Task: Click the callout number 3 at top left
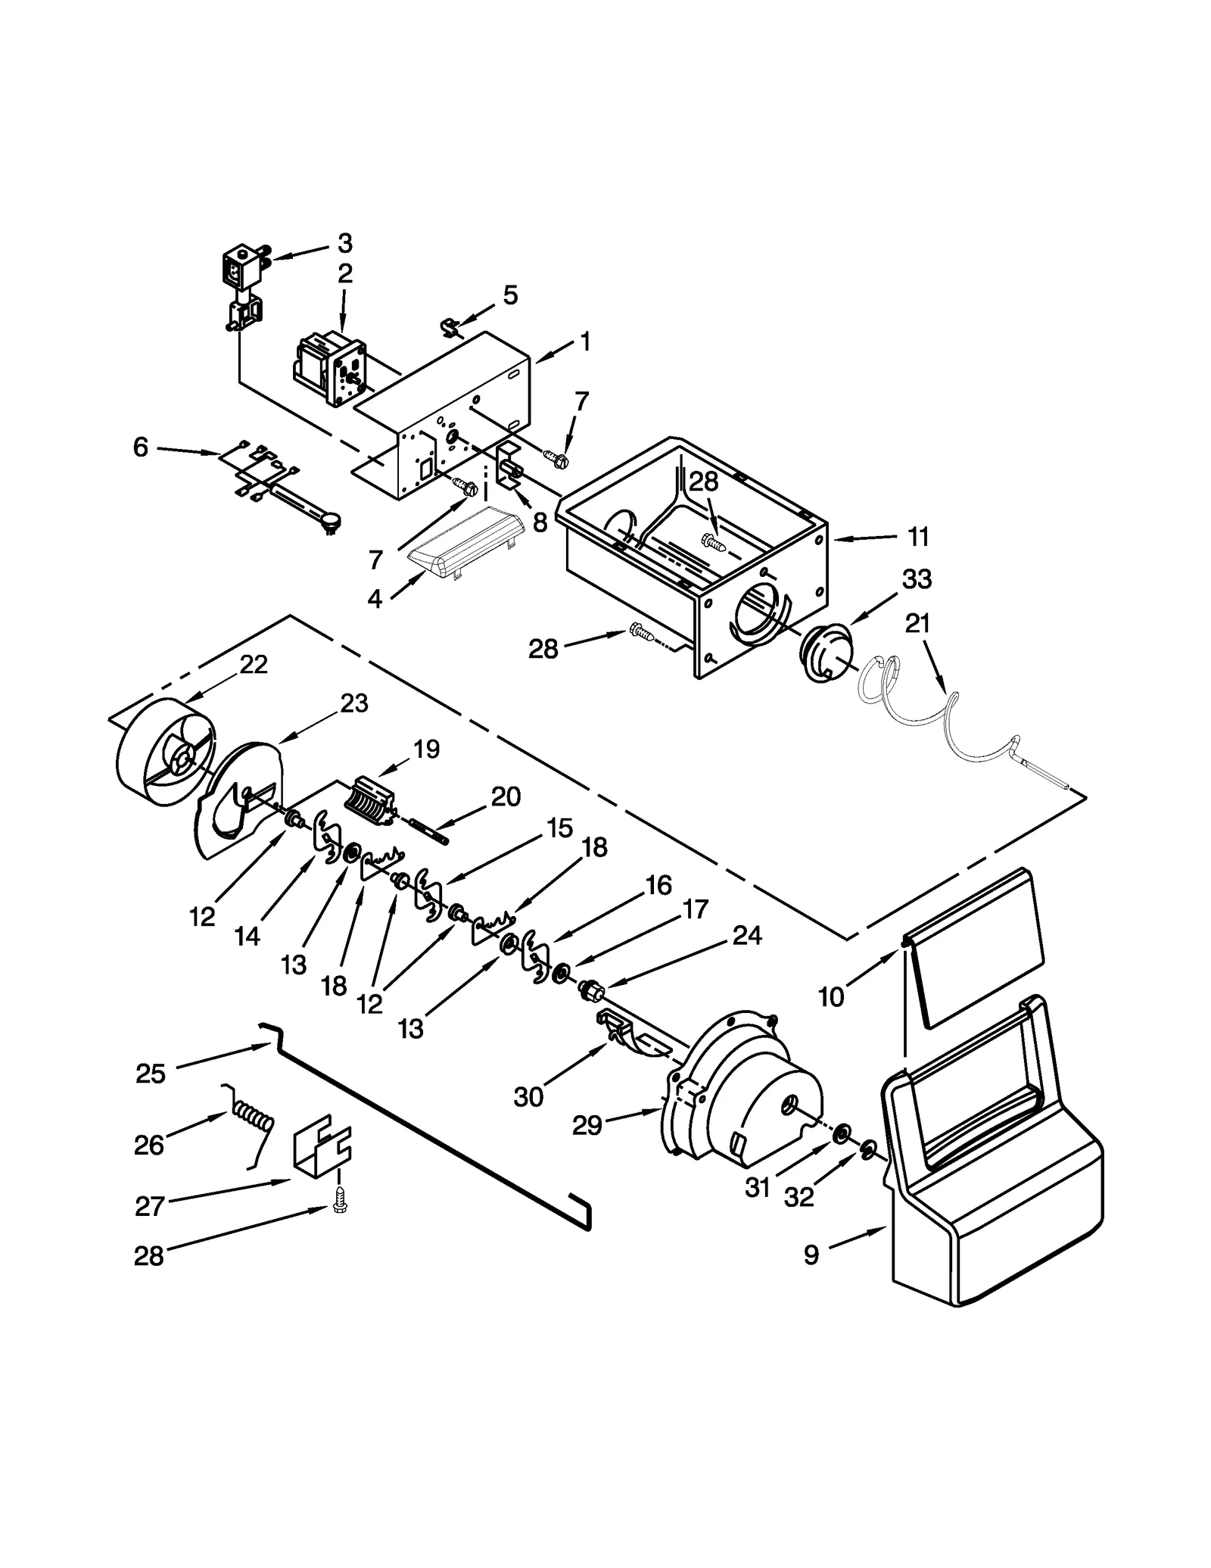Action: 345,243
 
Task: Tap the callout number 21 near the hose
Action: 917,623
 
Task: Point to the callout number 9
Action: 811,1255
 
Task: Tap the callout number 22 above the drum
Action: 254,664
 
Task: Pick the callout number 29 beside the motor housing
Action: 587,1146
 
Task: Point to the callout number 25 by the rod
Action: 151,1073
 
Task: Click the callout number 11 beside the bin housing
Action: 917,537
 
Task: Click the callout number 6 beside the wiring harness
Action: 141,447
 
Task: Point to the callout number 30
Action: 528,1096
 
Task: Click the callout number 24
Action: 746,936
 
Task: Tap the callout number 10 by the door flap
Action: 831,997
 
